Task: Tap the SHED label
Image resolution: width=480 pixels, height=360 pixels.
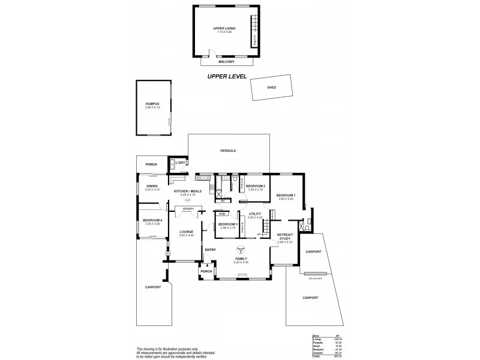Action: (271, 88)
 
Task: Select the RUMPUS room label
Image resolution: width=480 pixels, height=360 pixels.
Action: (152, 104)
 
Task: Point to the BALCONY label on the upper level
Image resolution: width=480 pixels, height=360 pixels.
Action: (226, 62)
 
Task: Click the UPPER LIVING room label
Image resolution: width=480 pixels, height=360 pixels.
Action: (223, 28)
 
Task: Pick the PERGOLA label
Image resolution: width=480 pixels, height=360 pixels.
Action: (229, 151)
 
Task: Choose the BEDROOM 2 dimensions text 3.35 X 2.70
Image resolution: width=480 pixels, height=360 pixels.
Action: (255, 190)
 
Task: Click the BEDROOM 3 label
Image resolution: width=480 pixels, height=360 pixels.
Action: (227, 224)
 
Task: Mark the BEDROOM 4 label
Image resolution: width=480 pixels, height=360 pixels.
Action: (152, 221)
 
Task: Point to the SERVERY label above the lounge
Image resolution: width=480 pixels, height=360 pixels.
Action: (188, 209)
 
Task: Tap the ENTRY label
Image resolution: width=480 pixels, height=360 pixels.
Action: (210, 250)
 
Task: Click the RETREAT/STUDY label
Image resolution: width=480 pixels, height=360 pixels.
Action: (284, 237)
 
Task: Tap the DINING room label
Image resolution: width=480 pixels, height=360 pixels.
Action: (152, 186)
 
